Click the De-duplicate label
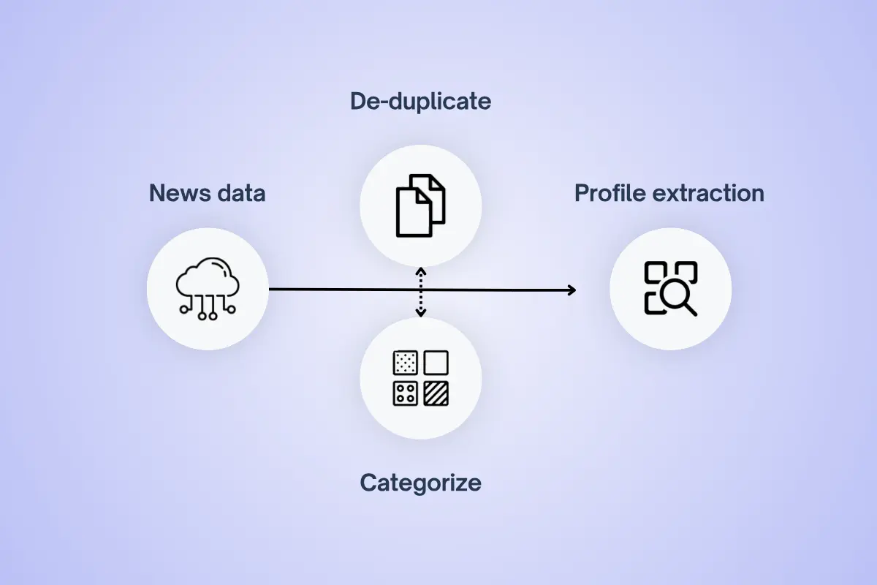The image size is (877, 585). (x=420, y=101)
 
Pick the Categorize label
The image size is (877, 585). (x=420, y=483)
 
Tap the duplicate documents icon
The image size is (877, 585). (x=420, y=205)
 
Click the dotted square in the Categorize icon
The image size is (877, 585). (x=405, y=363)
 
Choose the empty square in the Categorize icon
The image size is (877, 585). (x=436, y=363)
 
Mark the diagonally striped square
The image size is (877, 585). (x=436, y=393)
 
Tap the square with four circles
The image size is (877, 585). (x=405, y=393)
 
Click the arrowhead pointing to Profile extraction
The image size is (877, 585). (x=571, y=290)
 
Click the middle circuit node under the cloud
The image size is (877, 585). (x=211, y=315)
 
